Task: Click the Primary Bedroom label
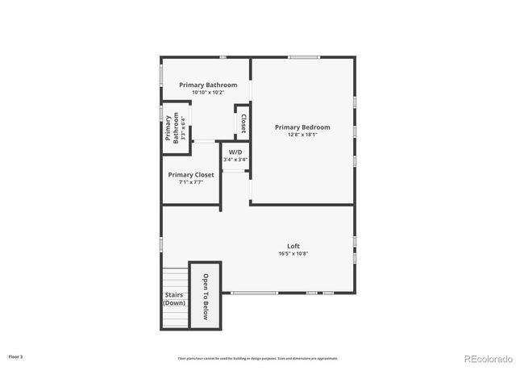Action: [302, 127]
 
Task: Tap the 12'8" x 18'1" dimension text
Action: [302, 135]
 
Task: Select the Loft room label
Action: [293, 246]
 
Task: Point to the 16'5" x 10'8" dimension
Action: [293, 254]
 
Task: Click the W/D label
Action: [235, 152]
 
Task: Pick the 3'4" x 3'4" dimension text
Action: [235, 160]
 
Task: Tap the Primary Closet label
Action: [191, 175]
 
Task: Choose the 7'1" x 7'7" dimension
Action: [191, 182]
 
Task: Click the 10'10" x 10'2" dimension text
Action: [208, 93]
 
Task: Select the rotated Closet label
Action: [243, 123]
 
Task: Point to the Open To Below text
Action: [206, 297]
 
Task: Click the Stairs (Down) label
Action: [173, 298]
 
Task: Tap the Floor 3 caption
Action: [15, 356]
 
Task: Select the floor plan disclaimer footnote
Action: [258, 358]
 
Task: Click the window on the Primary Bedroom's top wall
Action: [304, 56]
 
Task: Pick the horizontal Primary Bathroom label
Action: [208, 85]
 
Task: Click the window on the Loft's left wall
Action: [162, 243]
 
